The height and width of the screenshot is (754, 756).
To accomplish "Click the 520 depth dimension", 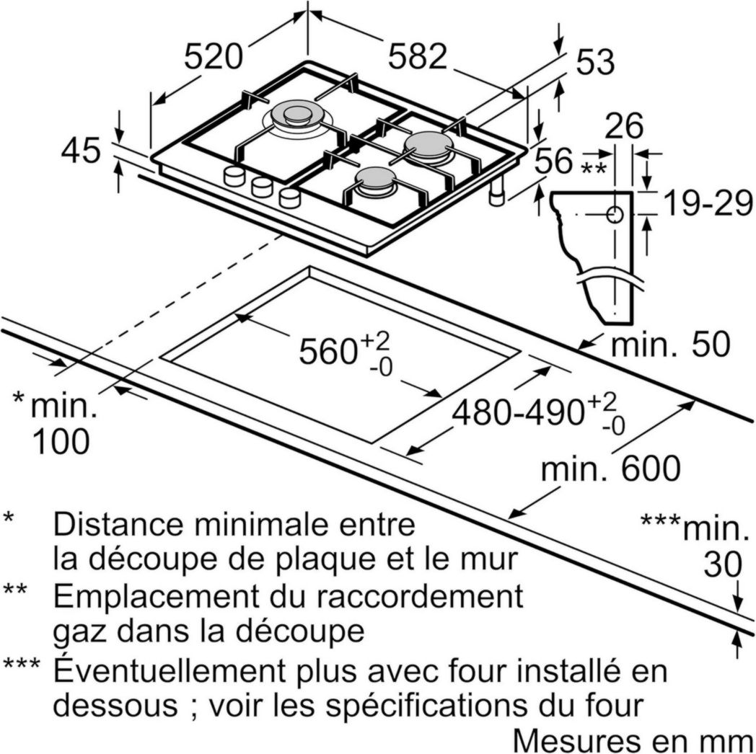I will (213, 56).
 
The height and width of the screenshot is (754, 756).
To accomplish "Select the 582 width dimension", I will (418, 56).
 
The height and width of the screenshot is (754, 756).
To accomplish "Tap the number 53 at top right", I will (594, 63).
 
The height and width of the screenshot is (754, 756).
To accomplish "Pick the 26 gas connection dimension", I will (623, 127).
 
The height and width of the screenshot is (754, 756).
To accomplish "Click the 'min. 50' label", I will (670, 345).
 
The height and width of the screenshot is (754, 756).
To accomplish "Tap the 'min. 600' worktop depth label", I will (610, 469).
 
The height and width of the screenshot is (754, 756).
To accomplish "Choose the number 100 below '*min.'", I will (61, 442).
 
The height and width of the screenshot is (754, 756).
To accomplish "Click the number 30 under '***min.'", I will (723, 566).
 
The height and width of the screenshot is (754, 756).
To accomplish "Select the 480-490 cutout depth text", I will (518, 412).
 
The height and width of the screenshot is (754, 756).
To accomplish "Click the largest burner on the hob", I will (296, 117).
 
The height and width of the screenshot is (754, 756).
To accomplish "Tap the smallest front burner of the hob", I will (374, 180).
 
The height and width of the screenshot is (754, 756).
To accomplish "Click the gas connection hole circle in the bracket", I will (615, 215).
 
